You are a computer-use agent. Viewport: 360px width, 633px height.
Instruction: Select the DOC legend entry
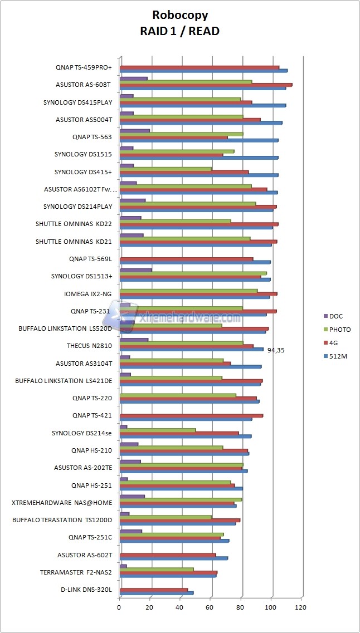click(335, 316)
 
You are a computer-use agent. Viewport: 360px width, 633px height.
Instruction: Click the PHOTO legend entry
click(339, 330)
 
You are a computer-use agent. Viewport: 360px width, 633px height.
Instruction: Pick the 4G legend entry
click(334, 343)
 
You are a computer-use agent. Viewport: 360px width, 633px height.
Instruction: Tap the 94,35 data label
click(276, 350)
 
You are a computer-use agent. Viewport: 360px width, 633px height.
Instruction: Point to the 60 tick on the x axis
click(211, 608)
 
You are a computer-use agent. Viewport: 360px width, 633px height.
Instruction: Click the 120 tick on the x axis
click(301, 608)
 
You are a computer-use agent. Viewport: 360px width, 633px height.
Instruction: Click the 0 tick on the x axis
click(120, 608)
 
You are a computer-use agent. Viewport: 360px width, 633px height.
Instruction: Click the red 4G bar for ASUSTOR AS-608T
click(206, 85)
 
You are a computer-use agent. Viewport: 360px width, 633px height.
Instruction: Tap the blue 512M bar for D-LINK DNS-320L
click(157, 592)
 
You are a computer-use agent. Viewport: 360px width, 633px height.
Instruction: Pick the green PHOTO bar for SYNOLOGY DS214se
click(158, 430)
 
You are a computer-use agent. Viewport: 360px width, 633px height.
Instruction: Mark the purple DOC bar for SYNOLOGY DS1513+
click(136, 270)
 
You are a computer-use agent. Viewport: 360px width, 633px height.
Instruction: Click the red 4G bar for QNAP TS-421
click(191, 415)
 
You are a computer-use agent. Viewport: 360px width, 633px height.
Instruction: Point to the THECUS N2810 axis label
click(89, 346)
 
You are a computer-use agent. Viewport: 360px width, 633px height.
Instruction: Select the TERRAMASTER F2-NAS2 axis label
click(76, 572)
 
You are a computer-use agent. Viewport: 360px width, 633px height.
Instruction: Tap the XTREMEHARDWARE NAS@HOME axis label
click(62, 502)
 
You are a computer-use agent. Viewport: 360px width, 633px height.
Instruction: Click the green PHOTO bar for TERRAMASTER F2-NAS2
click(157, 569)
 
